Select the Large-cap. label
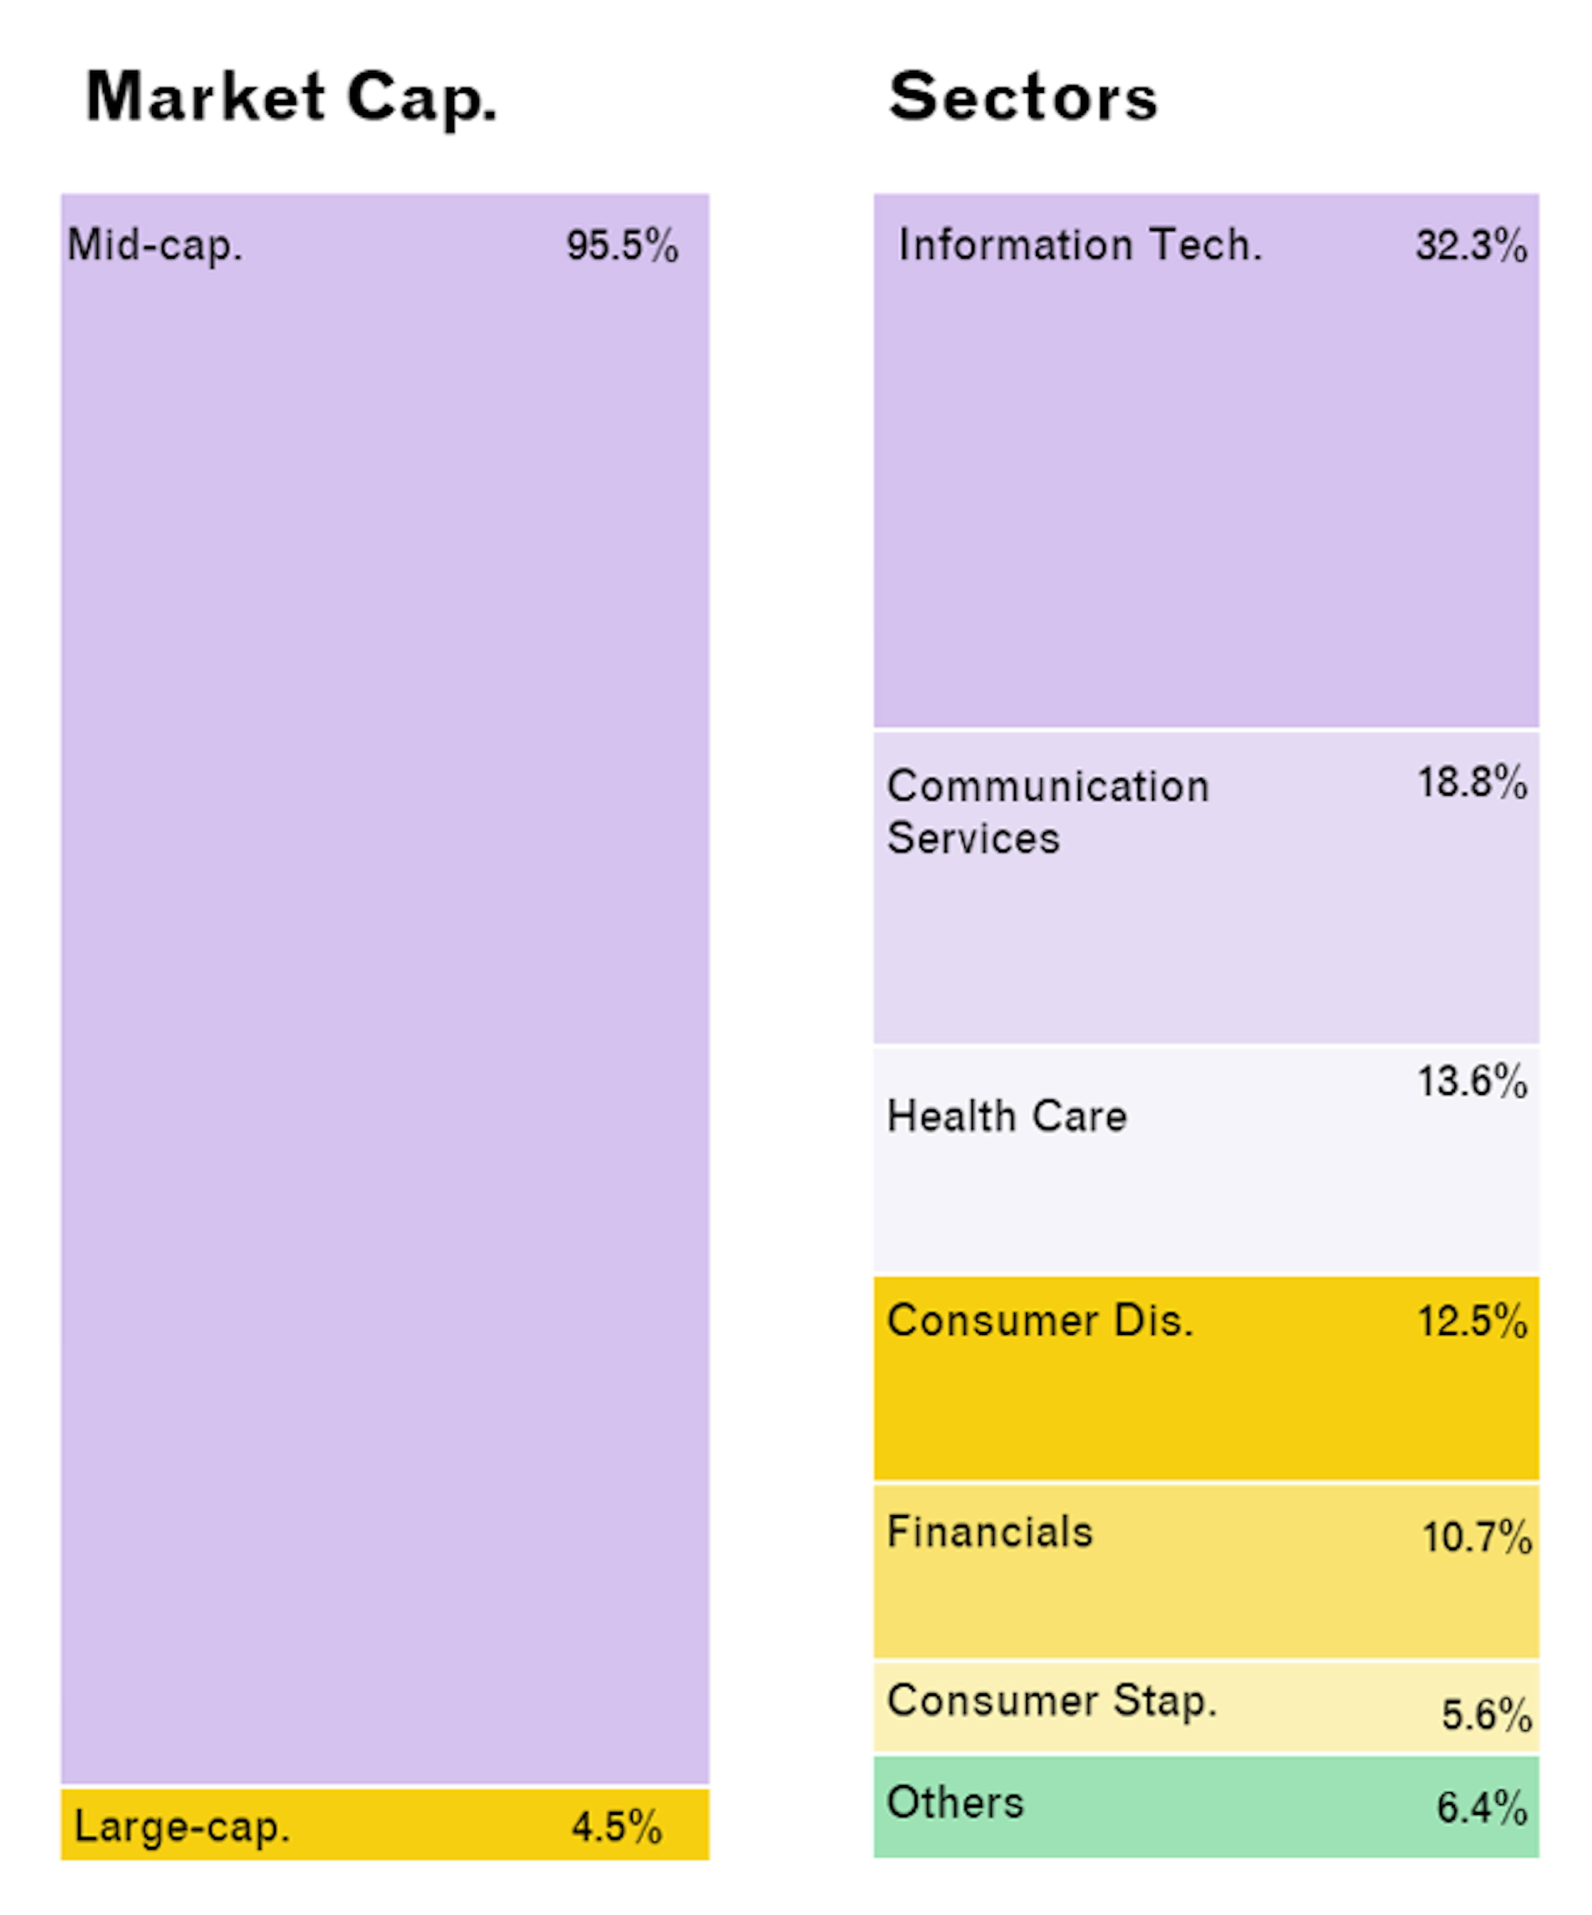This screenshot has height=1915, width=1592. (x=182, y=1827)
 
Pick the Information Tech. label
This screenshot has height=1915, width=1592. (x=1080, y=245)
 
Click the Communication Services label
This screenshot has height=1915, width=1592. (x=1047, y=812)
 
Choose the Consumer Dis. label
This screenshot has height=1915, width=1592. (x=1040, y=1320)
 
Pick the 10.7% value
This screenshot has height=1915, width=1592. (x=1476, y=1537)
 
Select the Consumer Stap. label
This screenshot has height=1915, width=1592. (x=1052, y=1701)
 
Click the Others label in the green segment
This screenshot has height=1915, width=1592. (x=955, y=1802)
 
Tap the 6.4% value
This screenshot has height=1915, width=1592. (x=1482, y=1807)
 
